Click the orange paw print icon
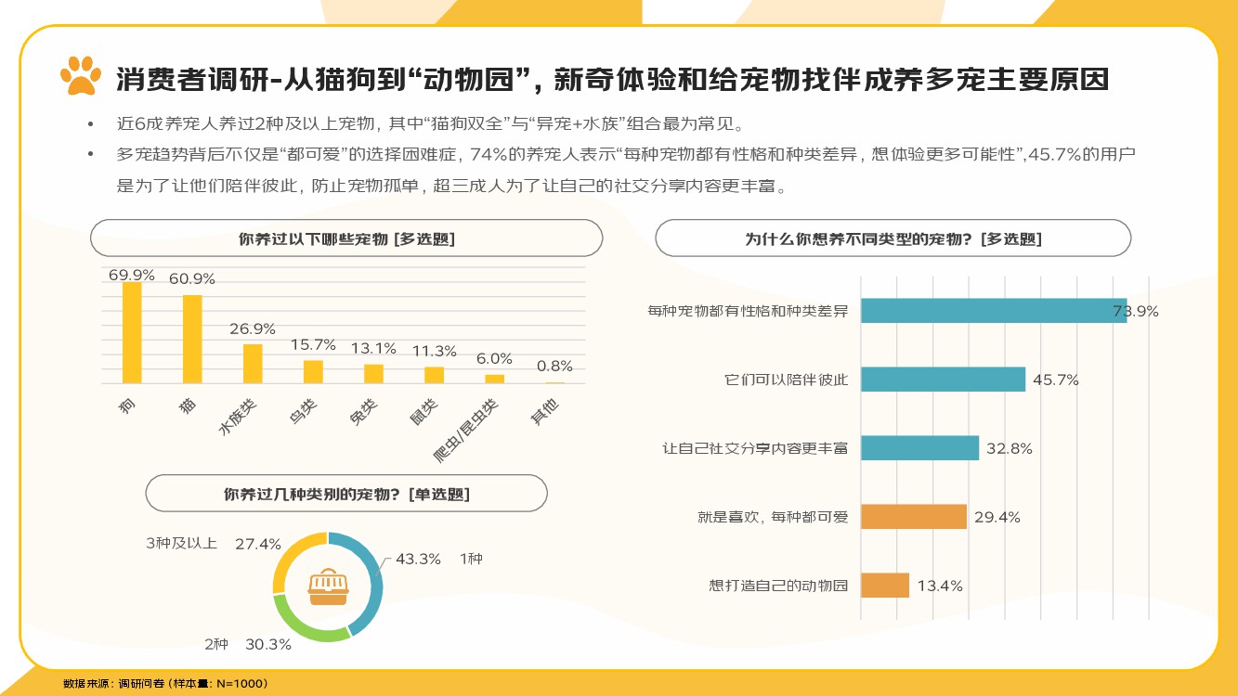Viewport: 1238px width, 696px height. [80, 75]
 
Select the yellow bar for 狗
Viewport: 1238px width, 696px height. [132, 332]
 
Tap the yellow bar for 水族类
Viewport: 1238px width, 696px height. [253, 363]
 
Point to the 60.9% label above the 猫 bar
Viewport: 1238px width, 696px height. [192, 278]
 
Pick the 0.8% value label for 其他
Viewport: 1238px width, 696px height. [554, 366]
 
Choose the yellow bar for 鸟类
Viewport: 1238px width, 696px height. [313, 371]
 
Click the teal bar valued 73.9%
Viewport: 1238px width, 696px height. [993, 311]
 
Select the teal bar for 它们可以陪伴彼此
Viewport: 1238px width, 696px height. [943, 380]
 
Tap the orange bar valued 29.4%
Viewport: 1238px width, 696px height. [913, 517]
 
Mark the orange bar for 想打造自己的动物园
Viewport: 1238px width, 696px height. [884, 586]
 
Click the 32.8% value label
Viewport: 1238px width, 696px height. [1010, 448]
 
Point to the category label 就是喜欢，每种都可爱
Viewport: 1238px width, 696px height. [773, 517]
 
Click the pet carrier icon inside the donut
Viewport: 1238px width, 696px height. [328, 585]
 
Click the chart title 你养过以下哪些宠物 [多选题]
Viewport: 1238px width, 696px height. [346, 238]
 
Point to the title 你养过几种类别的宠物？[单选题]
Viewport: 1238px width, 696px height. [346, 494]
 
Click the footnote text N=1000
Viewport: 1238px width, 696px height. [241, 683]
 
